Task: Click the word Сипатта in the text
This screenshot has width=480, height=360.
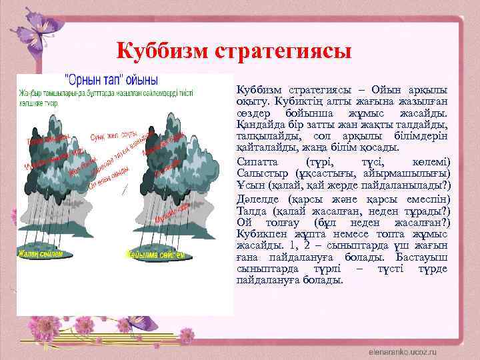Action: click(x=255, y=162)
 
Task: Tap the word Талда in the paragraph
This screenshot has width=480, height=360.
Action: click(x=251, y=210)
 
